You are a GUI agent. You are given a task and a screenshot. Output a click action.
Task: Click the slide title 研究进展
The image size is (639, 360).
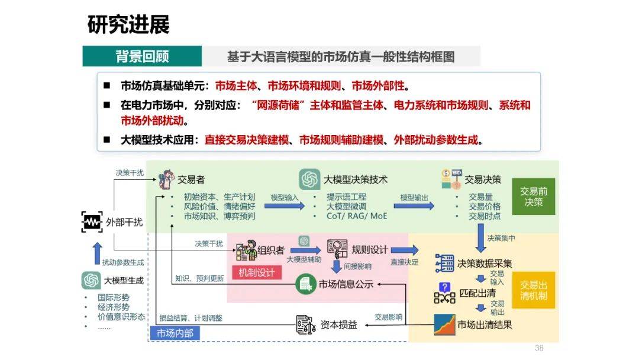point(128,24)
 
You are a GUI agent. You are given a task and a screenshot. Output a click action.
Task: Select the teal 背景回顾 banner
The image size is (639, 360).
point(142,56)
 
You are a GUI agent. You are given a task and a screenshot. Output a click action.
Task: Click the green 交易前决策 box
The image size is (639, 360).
point(534,197)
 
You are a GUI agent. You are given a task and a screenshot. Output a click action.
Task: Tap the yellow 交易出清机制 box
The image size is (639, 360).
point(534,290)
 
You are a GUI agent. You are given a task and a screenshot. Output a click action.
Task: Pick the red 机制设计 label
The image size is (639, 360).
point(257,272)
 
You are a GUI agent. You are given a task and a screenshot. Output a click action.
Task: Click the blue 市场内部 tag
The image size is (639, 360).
point(175,333)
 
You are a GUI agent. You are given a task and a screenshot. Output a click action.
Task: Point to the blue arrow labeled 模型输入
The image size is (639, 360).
point(285,206)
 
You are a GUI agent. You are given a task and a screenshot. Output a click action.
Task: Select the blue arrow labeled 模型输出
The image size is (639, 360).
point(414,206)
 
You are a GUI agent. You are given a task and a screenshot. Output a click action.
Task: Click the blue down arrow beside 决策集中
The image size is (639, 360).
point(480,242)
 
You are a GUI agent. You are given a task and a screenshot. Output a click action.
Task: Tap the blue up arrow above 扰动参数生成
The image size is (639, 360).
point(98,253)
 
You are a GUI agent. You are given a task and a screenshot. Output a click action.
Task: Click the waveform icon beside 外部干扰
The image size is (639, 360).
point(92,222)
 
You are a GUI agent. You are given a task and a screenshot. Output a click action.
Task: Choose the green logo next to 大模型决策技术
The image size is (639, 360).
point(309,179)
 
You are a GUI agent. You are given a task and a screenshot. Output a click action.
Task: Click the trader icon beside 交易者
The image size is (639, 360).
point(166,179)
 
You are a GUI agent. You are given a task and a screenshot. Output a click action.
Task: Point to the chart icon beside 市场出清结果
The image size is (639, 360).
point(444,324)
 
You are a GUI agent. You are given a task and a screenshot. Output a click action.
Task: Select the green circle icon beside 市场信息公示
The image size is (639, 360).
point(306,284)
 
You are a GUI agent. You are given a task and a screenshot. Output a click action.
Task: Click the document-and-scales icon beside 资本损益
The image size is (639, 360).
point(306,325)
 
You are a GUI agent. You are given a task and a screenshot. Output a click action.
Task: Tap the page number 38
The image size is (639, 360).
point(539,348)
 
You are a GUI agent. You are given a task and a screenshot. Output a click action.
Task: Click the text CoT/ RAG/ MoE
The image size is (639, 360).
point(357,216)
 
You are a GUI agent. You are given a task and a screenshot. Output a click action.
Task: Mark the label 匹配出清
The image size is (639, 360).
point(477,292)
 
